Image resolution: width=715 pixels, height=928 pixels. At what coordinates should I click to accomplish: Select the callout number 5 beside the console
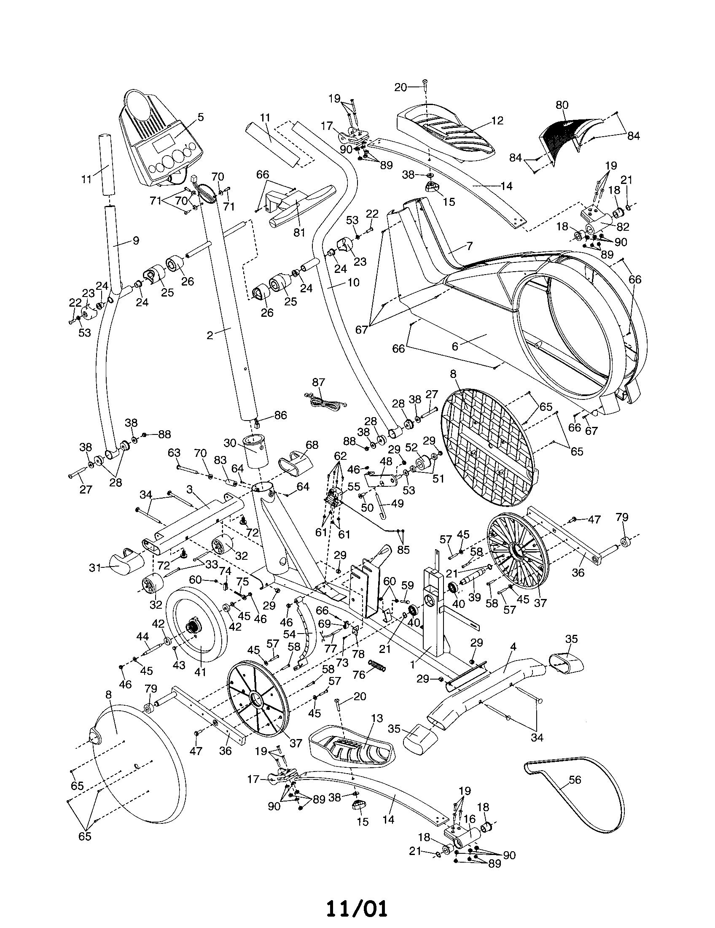pyautogui.click(x=200, y=117)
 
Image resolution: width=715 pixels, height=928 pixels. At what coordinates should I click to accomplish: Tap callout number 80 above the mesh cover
pyautogui.click(x=562, y=105)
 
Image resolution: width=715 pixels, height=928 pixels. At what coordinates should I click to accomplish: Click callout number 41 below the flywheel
pyautogui.click(x=199, y=672)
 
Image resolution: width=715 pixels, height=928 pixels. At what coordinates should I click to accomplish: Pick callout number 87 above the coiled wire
pyautogui.click(x=318, y=383)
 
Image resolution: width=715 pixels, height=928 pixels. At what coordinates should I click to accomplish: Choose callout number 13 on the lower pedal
pyautogui.click(x=376, y=718)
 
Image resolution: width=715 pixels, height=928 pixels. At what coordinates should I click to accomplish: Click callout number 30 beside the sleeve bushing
pyautogui.click(x=230, y=443)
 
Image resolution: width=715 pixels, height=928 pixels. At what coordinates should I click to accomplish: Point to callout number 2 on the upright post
pyautogui.click(x=210, y=335)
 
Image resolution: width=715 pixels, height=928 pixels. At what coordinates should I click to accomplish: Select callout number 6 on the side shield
pyautogui.click(x=455, y=346)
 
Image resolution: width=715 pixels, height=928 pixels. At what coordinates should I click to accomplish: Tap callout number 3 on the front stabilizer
pyautogui.click(x=189, y=489)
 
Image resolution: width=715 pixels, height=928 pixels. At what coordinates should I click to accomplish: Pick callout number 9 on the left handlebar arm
pyautogui.click(x=135, y=240)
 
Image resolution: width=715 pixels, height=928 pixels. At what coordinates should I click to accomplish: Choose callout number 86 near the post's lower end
pyautogui.click(x=281, y=415)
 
